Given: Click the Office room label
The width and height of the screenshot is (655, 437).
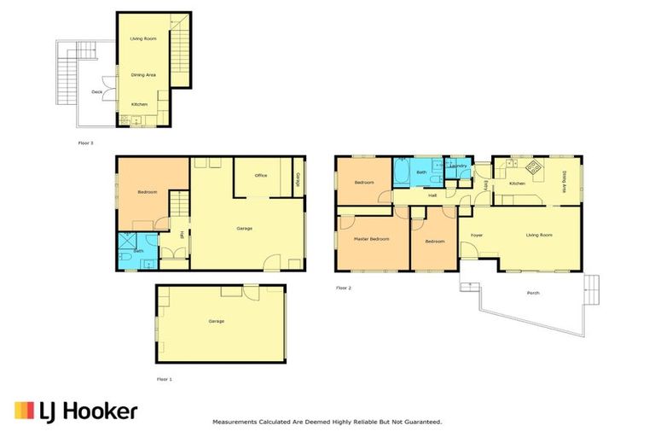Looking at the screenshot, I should (261, 175).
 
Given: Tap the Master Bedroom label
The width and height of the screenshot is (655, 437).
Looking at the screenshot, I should (371, 240).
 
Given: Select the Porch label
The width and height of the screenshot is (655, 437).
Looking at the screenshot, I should (533, 293).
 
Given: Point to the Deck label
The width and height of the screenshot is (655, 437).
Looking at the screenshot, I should (97, 91).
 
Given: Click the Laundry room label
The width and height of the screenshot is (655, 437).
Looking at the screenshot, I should (457, 166).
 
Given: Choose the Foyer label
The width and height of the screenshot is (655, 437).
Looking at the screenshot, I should (477, 235).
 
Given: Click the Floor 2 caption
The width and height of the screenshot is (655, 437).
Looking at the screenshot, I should (344, 288).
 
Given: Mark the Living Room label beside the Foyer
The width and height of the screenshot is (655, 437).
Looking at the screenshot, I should (539, 235).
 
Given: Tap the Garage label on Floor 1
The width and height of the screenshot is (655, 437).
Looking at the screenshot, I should (216, 321).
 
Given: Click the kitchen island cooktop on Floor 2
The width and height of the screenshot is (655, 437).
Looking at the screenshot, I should (533, 167).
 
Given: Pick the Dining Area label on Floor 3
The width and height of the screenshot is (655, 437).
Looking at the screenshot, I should (142, 75).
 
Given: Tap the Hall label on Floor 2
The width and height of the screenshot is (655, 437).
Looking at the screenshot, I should (432, 195).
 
